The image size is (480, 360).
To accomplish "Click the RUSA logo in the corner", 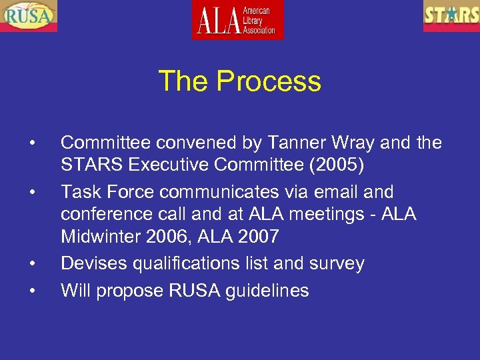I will (29, 15).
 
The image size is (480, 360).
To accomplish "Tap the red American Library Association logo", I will (238, 19).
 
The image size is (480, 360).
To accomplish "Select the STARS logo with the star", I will (451, 15).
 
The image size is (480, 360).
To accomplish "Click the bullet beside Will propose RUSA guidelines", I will (31, 290).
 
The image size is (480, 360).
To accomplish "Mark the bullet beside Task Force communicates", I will (31, 192).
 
